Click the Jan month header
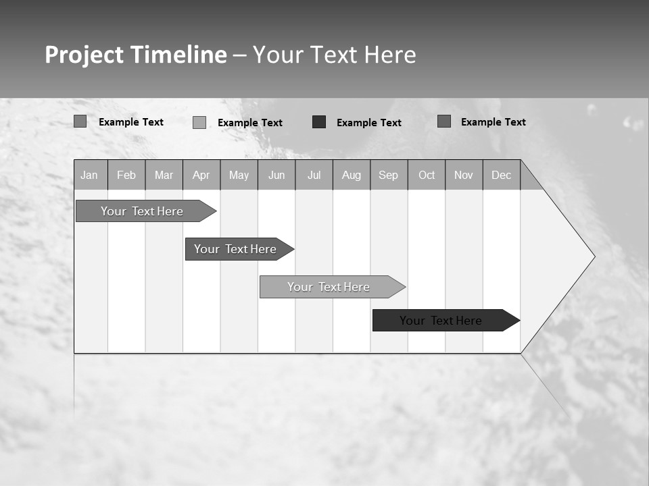pyautogui.click(x=90, y=175)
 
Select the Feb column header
pyautogui.click(x=126, y=175)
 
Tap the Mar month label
pyautogui.click(x=164, y=175)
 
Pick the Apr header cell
pyautogui.click(x=201, y=175)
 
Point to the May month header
pyautogui.click(x=239, y=175)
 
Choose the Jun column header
pyautogui.click(x=277, y=175)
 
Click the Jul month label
pyautogui.click(x=314, y=175)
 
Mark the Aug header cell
pyautogui.click(x=352, y=175)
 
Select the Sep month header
pyautogui.click(x=389, y=175)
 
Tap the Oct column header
pyautogui.click(x=427, y=175)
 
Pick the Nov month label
pyautogui.click(x=464, y=175)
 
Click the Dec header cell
pyautogui.click(x=502, y=175)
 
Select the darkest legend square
pyautogui.click(x=319, y=122)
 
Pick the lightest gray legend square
pyautogui.click(x=199, y=122)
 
